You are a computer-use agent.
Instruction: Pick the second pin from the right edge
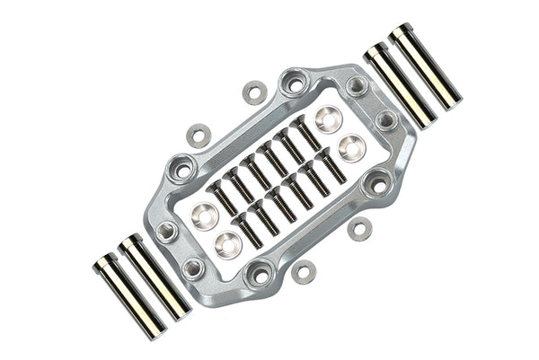(x=400, y=84)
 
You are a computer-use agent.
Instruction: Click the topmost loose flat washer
(x=255, y=92)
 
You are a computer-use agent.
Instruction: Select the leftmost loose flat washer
(x=199, y=136)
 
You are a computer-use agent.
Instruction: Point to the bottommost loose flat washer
(x=304, y=272)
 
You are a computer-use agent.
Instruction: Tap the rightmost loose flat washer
(x=360, y=229)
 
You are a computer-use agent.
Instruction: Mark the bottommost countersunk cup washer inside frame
(x=228, y=243)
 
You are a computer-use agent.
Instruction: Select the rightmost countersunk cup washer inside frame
(x=351, y=147)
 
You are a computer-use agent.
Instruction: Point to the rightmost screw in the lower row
(x=331, y=166)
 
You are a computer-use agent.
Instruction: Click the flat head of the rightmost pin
(x=402, y=32)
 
